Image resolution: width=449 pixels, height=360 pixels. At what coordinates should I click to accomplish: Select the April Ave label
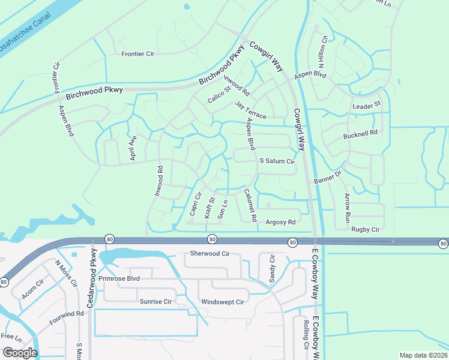coord(133,146)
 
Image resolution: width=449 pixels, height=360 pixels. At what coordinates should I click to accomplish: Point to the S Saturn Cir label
coord(276,161)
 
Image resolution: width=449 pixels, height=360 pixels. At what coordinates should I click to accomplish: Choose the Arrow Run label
coord(347,208)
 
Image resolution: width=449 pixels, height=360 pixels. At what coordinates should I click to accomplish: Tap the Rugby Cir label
coord(366,229)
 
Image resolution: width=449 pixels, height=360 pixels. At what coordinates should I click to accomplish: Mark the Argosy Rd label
coord(281,222)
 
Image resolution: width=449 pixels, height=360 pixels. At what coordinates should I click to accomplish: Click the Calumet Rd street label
coord(250,206)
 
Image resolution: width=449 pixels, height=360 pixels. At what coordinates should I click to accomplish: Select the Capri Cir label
coord(194,203)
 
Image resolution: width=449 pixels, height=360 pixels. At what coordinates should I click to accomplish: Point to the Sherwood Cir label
coord(210,253)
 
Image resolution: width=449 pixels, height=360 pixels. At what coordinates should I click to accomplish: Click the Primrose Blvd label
coord(119,278)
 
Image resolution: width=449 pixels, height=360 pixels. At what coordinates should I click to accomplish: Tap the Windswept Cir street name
coord(223,302)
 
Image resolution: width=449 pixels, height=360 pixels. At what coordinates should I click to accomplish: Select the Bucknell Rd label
coord(360,133)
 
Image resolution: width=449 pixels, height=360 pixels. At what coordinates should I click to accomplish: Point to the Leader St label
coord(367,105)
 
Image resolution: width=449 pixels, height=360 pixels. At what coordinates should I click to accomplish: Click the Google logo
coord(20,353)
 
